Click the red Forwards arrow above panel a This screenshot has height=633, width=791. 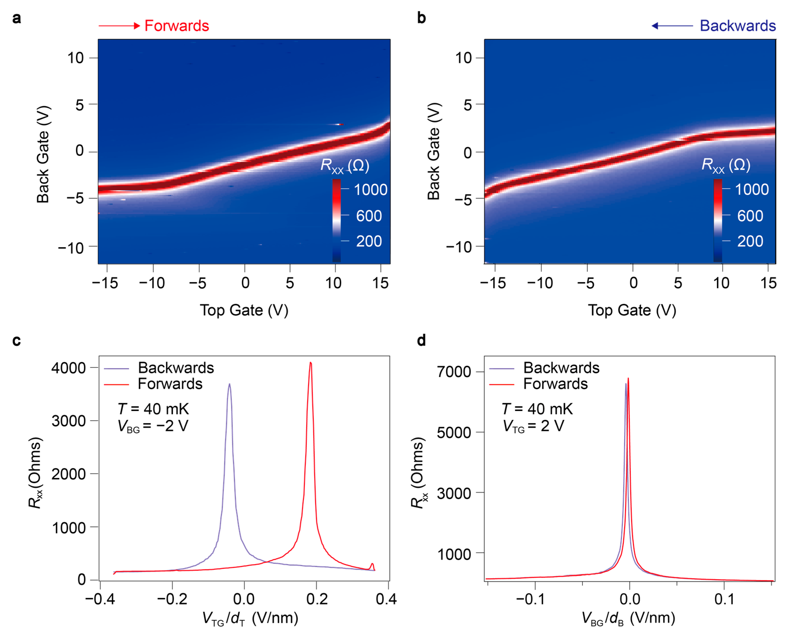coord(119,26)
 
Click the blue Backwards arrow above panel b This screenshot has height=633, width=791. coord(672,26)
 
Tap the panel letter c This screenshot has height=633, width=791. coord(17,341)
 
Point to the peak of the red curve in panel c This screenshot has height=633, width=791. coord(311,363)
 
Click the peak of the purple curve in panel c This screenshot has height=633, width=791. coord(230,384)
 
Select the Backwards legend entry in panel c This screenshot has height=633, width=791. coord(176,368)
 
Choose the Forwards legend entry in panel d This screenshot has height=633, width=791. coord(555,384)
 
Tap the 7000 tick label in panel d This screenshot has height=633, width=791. coord(454,372)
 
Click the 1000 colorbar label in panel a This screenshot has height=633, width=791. coord(370,189)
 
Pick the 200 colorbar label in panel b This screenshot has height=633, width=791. coord(750,241)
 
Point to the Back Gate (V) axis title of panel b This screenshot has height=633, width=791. coord(434,151)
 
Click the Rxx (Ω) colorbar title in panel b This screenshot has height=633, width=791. coord(726,165)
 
